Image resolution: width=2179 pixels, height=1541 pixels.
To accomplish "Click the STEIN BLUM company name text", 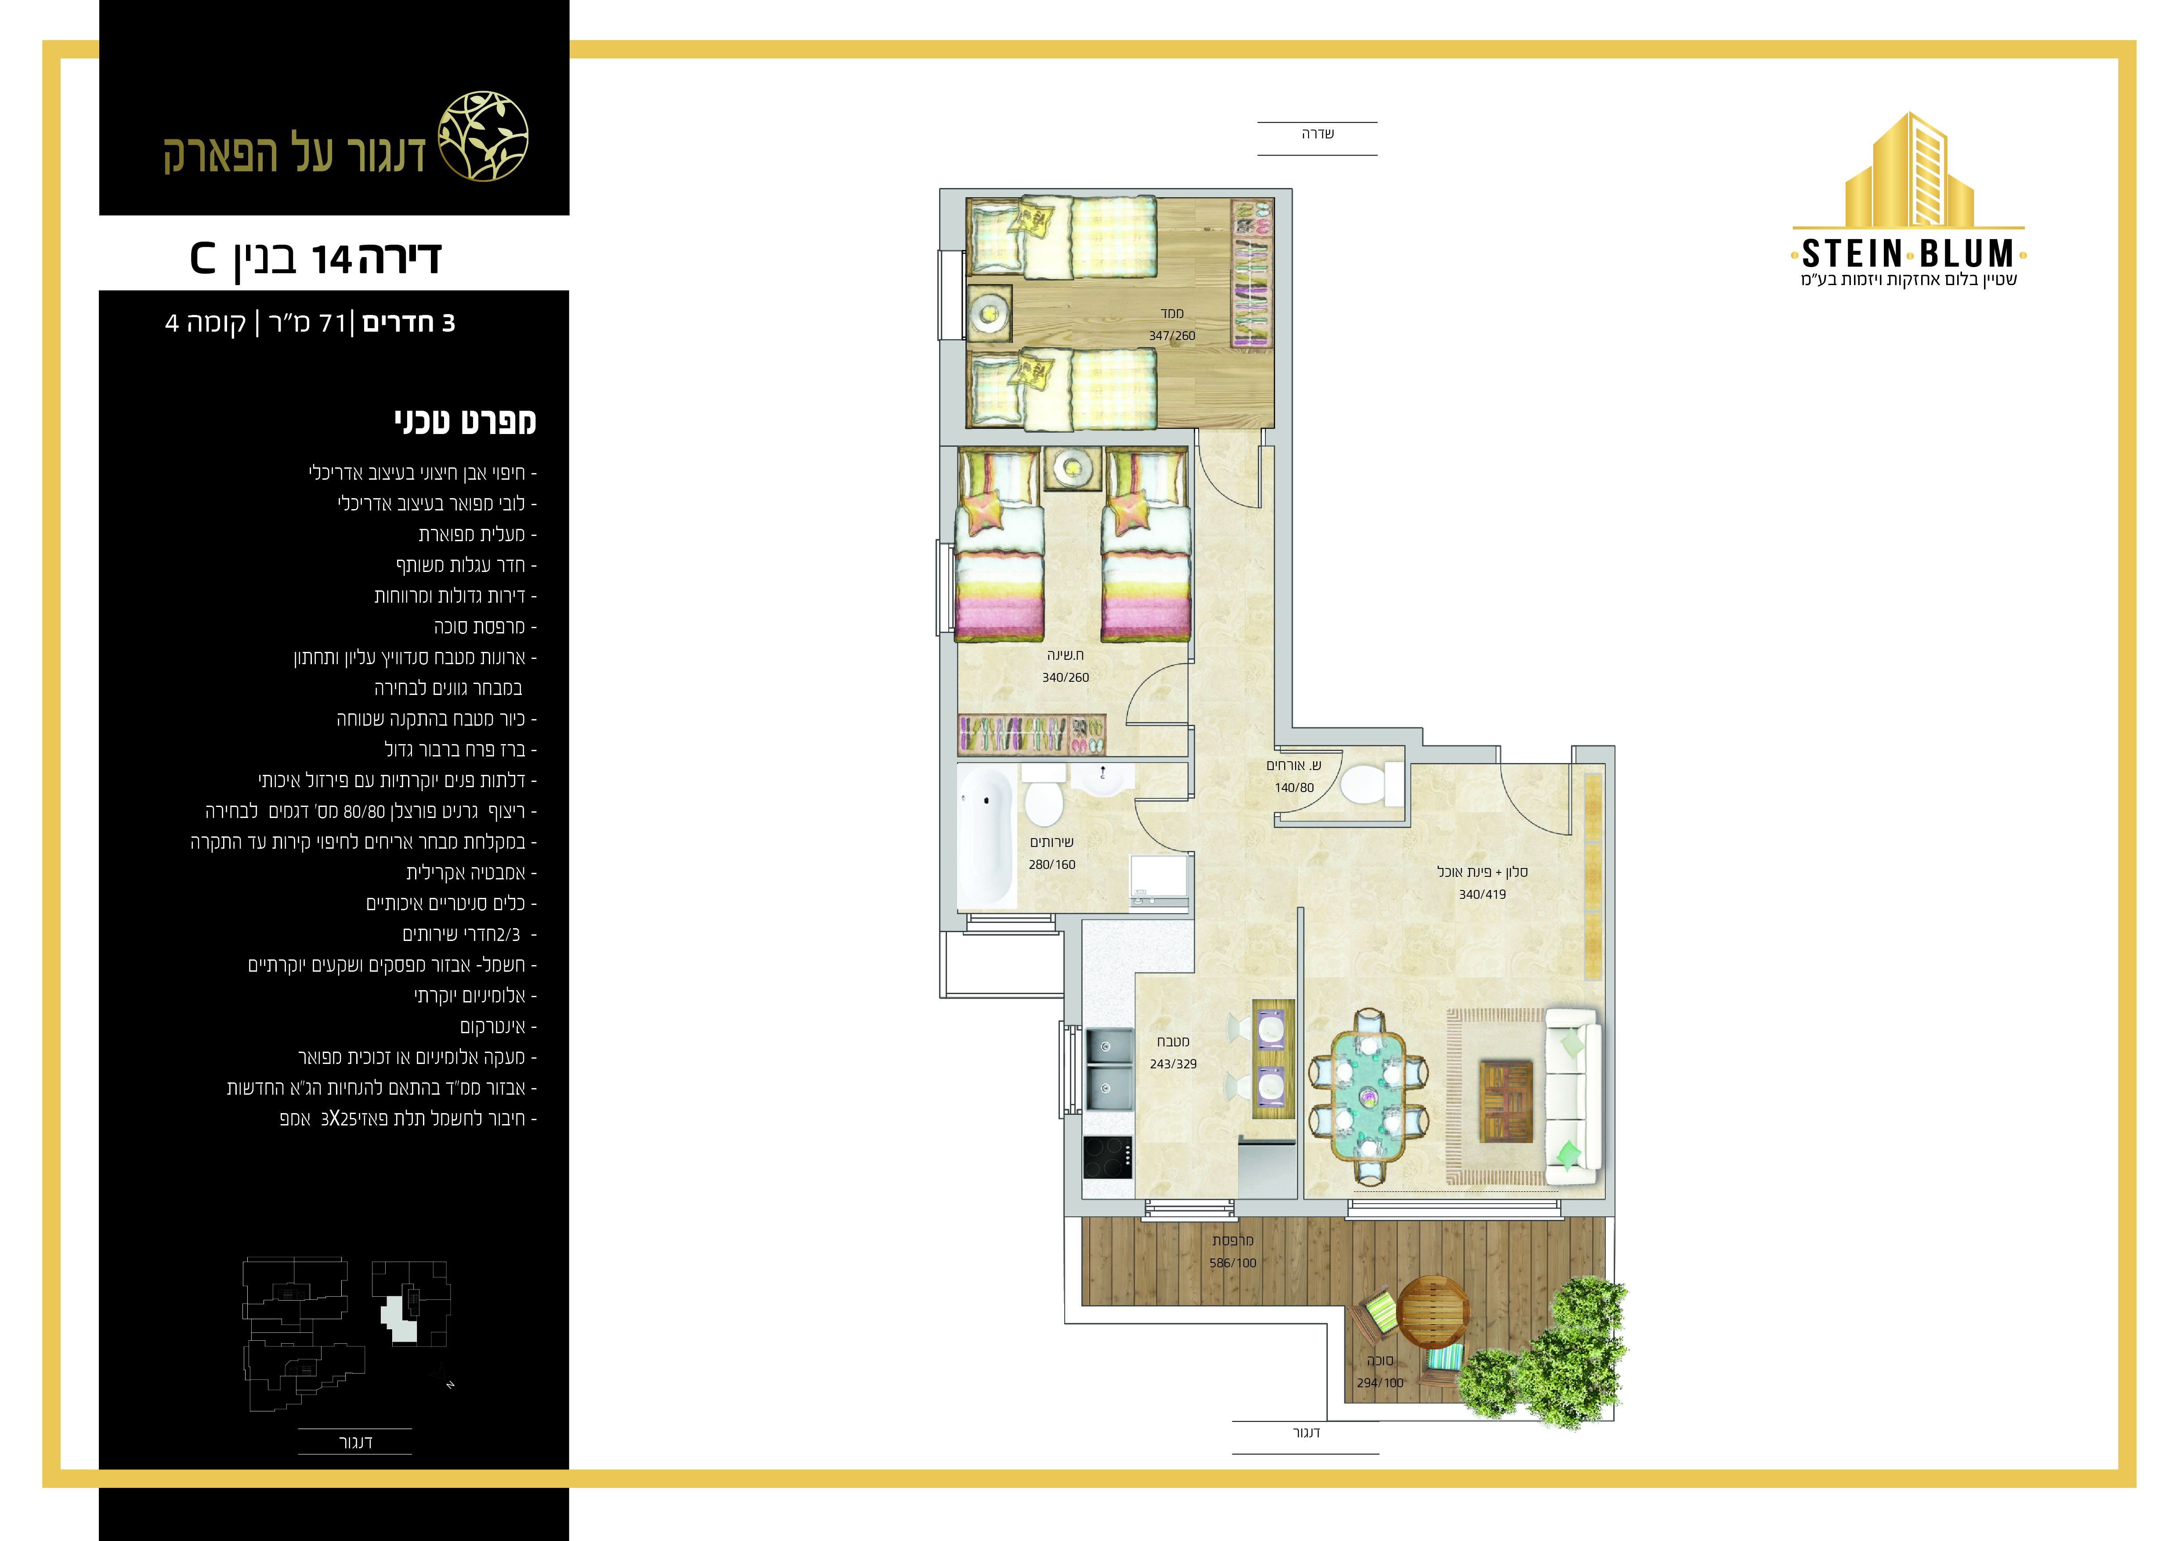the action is pyautogui.click(x=1908, y=254).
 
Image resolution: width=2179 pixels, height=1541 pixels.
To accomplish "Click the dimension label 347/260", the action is pyautogui.click(x=1172, y=336).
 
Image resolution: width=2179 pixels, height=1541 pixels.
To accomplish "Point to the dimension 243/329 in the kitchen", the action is pyautogui.click(x=1173, y=1064).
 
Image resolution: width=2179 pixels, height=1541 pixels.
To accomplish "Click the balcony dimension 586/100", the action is pyautogui.click(x=1233, y=1263).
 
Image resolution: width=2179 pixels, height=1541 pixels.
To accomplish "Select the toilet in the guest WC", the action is pyautogui.click(x=1364, y=784).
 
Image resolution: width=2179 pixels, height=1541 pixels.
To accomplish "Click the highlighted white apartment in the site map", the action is pyautogui.click(x=401, y=1319).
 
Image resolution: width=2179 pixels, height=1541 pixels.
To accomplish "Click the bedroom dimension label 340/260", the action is pyautogui.click(x=1066, y=677).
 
